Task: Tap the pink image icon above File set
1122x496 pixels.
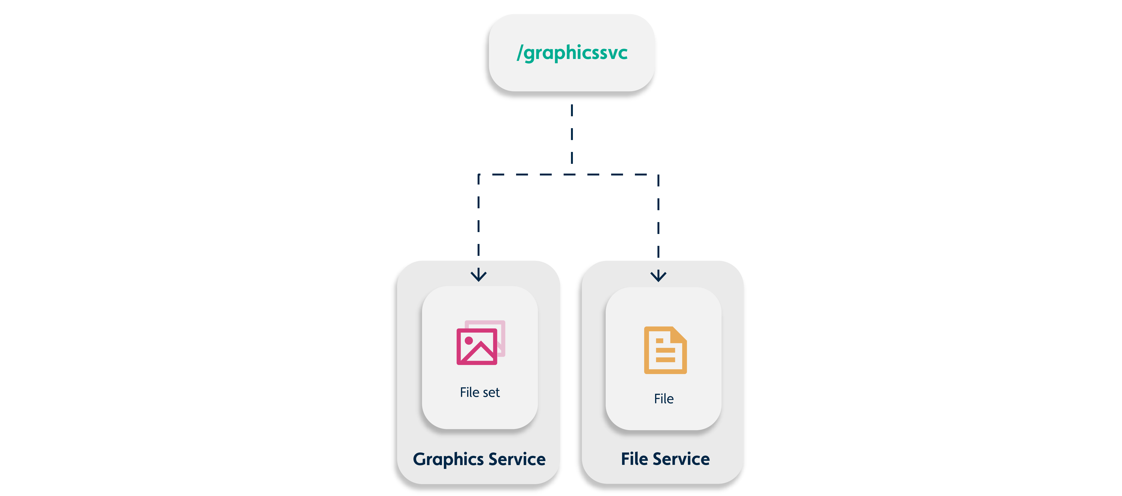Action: [479, 343]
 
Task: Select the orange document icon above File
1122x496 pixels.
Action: [665, 350]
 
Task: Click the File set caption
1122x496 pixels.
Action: [479, 392]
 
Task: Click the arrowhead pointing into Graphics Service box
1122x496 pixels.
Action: [479, 275]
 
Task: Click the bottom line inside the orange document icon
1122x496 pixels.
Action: [665, 360]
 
